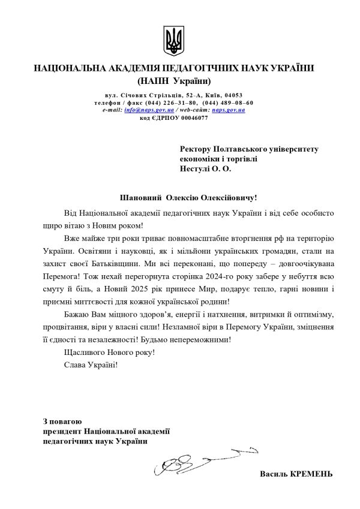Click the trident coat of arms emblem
(x=174, y=41)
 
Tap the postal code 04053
(x=231, y=95)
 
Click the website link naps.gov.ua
(x=229, y=110)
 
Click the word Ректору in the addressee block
(x=196, y=148)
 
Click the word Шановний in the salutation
(x=142, y=197)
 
